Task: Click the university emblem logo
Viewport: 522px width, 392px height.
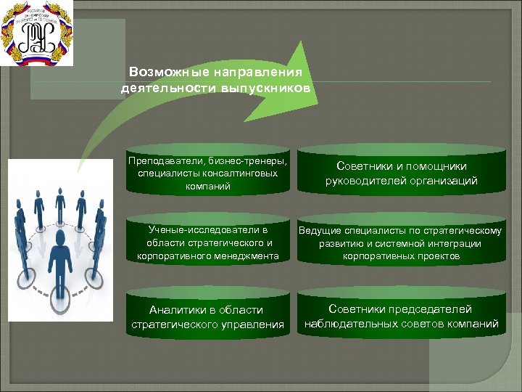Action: [36, 33]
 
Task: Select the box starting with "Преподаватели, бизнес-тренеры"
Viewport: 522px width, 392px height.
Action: [207, 173]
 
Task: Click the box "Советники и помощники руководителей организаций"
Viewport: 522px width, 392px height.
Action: [401, 173]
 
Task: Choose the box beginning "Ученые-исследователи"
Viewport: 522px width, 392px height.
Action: [207, 243]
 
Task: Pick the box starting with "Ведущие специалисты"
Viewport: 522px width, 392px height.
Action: [401, 243]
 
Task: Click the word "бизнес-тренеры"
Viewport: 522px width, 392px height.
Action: [251, 160]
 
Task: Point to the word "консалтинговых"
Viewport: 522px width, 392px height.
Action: [242, 173]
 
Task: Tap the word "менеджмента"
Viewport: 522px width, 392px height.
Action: [244, 256]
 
